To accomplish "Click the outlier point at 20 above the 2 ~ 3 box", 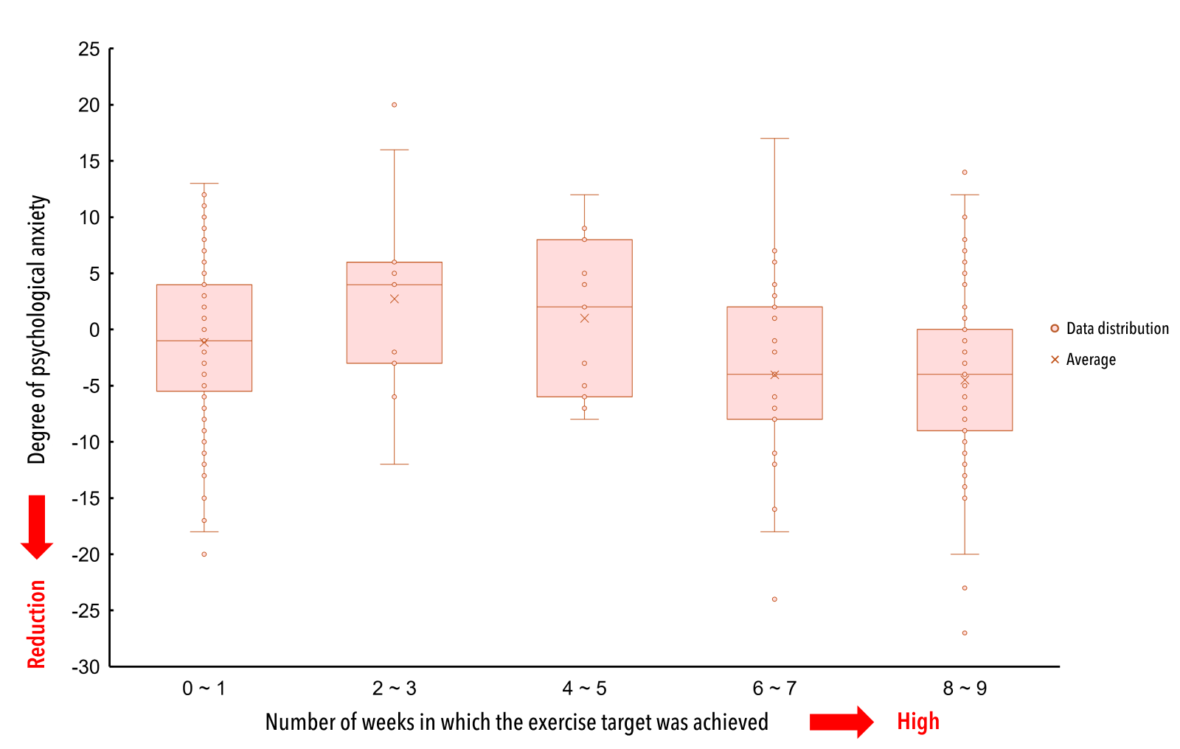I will [x=394, y=105].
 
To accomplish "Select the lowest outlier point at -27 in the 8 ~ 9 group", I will [x=964, y=633].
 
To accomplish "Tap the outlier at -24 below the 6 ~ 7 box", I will [x=774, y=599].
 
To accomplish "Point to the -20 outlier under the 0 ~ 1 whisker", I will [x=204, y=554].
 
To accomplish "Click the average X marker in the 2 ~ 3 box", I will [x=395, y=299].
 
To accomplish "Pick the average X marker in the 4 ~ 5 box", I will [x=585, y=318].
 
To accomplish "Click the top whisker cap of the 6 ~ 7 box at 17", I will [x=774, y=139].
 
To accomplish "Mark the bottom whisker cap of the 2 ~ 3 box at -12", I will [x=394, y=464].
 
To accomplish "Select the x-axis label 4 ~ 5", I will [x=584, y=689].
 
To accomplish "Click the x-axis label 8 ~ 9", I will [x=964, y=689].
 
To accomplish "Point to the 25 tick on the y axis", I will [x=89, y=49].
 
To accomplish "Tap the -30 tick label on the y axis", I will [x=86, y=667].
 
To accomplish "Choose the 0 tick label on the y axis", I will [x=94, y=330].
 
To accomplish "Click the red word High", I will [x=917, y=721].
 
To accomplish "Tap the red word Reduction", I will [x=37, y=624].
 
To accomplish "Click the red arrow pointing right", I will [x=841, y=722].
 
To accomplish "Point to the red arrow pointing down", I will [x=37, y=526].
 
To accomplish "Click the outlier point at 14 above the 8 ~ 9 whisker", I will [x=964, y=173].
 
